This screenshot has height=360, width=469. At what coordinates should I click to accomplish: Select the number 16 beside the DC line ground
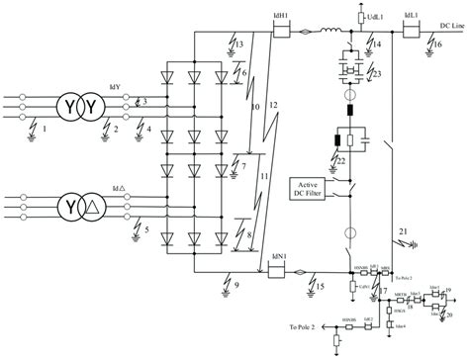437,45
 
